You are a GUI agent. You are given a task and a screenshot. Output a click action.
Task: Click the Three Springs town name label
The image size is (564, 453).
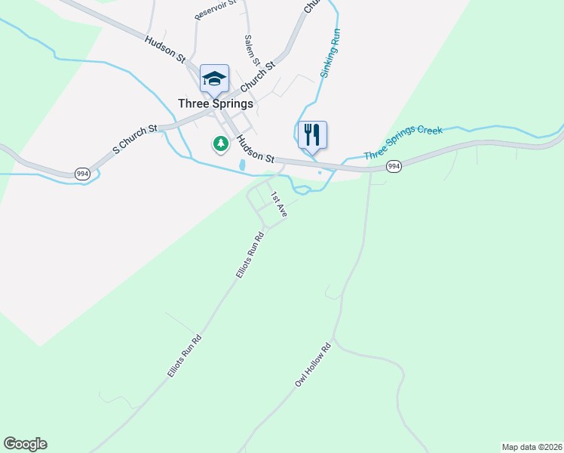pyautogui.click(x=216, y=103)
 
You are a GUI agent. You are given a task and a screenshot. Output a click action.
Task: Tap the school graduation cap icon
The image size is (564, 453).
pyautogui.click(x=214, y=78)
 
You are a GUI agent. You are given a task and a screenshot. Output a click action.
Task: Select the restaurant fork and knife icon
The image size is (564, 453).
pyautogui.click(x=312, y=135)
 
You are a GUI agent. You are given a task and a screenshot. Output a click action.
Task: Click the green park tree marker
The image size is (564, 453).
pyautogui.click(x=220, y=143)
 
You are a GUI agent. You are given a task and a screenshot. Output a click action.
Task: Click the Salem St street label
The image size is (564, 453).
pyautogui.click(x=252, y=50)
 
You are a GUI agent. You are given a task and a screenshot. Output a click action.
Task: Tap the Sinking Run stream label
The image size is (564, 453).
pyautogui.click(x=330, y=54)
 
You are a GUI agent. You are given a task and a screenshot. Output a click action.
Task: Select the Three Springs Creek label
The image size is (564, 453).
pyautogui.click(x=403, y=143)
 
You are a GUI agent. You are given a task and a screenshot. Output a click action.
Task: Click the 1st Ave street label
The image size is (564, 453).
pyautogui.click(x=279, y=204)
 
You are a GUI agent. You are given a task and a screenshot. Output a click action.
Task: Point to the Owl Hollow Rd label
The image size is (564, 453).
pyautogui.click(x=313, y=366)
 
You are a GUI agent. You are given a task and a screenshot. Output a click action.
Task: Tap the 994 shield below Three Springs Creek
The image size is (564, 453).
pyautogui.click(x=393, y=165)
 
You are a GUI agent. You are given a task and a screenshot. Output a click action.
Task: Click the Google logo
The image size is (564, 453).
pyautogui.click(x=25, y=444)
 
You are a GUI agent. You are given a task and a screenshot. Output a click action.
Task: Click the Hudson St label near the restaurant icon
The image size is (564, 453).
pyautogui.click(x=254, y=148)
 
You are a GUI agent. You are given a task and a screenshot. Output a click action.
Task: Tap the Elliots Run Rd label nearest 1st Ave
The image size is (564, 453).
pyautogui.click(x=250, y=255)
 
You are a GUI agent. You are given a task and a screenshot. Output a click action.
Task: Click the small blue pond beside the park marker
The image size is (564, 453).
pyautogui.click(x=241, y=165)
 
